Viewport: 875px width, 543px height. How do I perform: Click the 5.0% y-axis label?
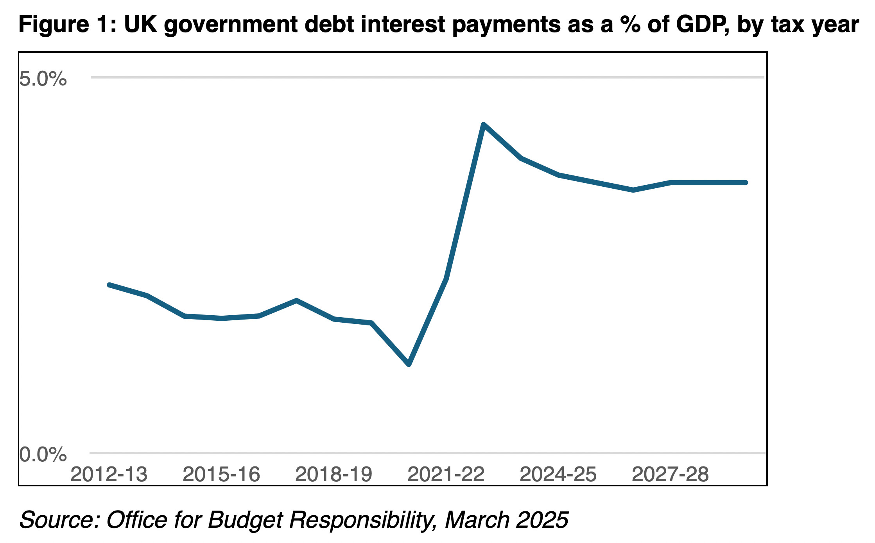pyautogui.click(x=43, y=79)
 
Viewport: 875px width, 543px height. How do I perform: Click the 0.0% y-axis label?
pyautogui.click(x=43, y=455)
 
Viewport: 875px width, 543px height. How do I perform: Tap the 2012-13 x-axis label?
pyautogui.click(x=109, y=475)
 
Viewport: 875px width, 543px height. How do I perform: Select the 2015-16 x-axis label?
pyautogui.click(x=221, y=475)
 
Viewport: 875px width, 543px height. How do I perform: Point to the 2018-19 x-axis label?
pyautogui.click(x=334, y=475)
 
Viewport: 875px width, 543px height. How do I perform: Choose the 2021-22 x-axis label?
pyautogui.click(x=446, y=475)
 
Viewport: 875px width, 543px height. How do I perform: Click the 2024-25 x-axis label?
pyautogui.click(x=558, y=475)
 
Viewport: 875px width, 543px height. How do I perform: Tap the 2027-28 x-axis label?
pyautogui.click(x=670, y=475)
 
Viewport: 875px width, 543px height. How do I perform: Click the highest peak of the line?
pyautogui.click(x=484, y=125)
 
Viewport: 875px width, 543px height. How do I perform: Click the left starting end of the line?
pyautogui.click(x=109, y=285)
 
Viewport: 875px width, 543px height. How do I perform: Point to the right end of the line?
pyautogui.click(x=746, y=182)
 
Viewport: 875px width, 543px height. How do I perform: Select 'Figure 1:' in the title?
pyautogui.click(x=68, y=24)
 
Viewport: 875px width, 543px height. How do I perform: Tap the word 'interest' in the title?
pyautogui.click(x=403, y=24)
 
